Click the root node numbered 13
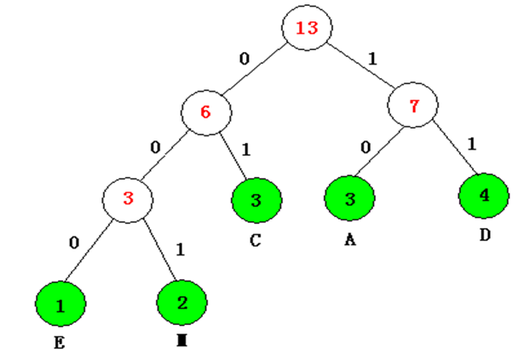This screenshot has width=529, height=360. coord(306,28)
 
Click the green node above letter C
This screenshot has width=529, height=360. coord(256,202)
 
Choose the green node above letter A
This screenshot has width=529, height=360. coord(349,200)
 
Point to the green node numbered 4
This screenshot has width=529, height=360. coord(484,194)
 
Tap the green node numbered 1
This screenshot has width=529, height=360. coord(60,305)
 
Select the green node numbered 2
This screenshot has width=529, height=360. coord(182,302)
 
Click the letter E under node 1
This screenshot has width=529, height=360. coord(60,346)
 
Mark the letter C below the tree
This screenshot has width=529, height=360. coord(256,241)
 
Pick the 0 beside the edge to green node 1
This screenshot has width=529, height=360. coord(74,243)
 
